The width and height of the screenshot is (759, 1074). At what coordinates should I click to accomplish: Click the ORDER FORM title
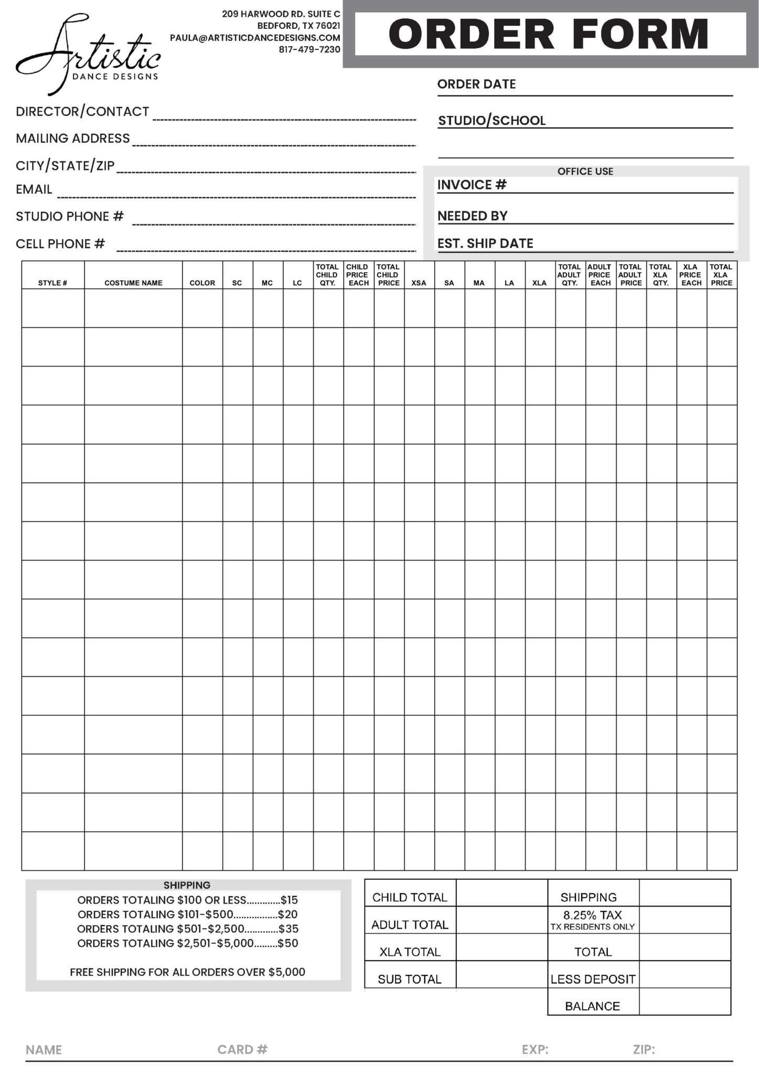(x=548, y=34)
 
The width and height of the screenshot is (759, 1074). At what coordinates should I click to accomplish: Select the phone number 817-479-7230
(x=309, y=50)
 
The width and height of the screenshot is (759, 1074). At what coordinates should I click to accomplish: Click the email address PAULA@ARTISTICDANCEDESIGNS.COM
(x=255, y=38)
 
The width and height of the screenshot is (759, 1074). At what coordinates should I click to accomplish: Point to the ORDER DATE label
(x=476, y=84)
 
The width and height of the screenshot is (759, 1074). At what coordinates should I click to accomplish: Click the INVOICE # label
(x=472, y=185)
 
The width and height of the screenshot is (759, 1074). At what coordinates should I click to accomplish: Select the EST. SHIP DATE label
(x=485, y=243)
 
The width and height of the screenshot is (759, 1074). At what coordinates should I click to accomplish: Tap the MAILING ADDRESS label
(x=73, y=138)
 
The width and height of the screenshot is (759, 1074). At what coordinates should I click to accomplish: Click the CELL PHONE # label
(x=60, y=244)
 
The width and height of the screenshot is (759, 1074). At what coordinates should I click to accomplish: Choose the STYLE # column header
(x=52, y=283)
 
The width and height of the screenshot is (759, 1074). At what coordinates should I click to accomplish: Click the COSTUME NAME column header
(x=133, y=283)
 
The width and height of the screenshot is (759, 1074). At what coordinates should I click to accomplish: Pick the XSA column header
(x=419, y=283)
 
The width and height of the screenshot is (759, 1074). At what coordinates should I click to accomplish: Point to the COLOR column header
(x=202, y=283)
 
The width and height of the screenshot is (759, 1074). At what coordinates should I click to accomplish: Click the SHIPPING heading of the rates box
(x=187, y=885)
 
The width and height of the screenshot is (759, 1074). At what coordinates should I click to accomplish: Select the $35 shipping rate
(x=288, y=929)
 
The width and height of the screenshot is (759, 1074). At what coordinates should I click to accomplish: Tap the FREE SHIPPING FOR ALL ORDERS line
(x=187, y=972)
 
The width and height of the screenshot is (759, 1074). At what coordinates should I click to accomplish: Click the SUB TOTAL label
(x=410, y=979)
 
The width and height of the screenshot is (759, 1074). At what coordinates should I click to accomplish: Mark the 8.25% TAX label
(x=592, y=915)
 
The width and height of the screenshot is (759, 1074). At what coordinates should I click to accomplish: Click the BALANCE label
(x=592, y=1006)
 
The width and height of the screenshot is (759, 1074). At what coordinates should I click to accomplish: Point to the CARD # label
(x=242, y=1049)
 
